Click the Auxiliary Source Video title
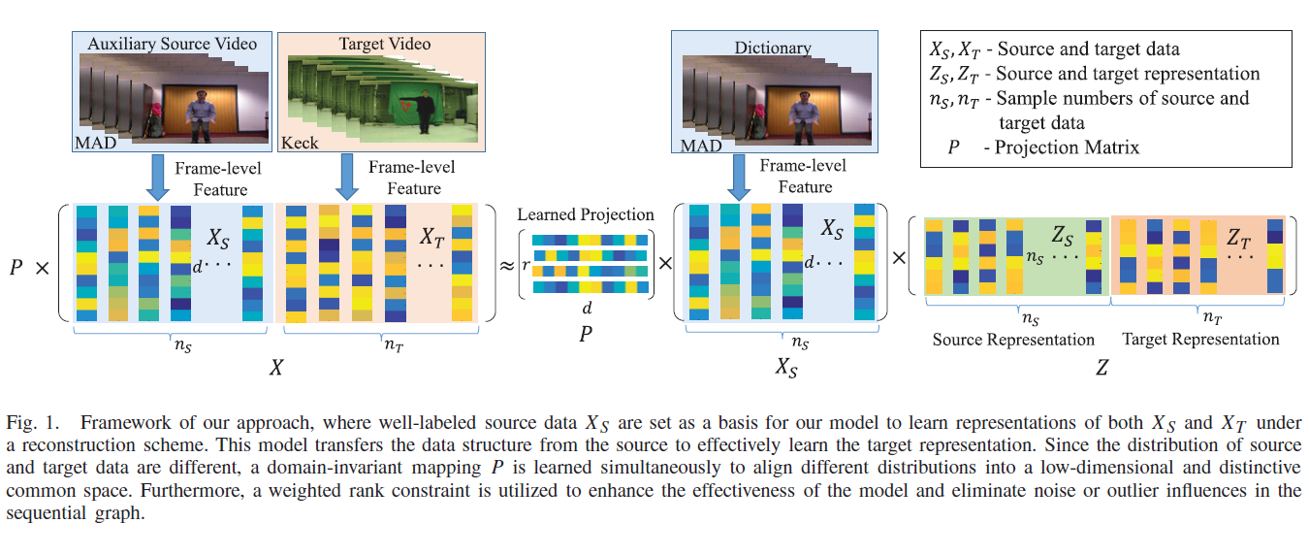pos(173,44)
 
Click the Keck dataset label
pos(301,144)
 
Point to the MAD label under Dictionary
pos(701,146)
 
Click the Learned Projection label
pos(586,214)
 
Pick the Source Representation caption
pos(1013,340)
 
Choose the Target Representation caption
pos(1200,340)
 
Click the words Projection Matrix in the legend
pos(1068,147)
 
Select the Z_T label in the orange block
pos(1239,237)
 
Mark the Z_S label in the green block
pos(1063,236)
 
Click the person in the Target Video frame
pos(424,113)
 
